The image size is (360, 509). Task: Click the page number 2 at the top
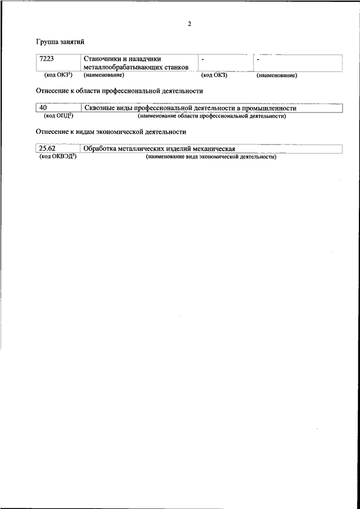pyautogui.click(x=190, y=24)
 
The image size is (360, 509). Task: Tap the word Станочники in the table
pyautogui.click(x=102, y=58)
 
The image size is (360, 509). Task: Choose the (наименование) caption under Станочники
pyautogui.click(x=103, y=75)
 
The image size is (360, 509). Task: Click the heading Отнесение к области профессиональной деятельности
pyautogui.click(x=119, y=91)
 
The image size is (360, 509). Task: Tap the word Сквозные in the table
pyautogui.click(x=100, y=108)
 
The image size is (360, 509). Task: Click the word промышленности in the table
pyautogui.click(x=269, y=108)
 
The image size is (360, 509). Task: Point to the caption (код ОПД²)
pyautogui.click(x=58, y=116)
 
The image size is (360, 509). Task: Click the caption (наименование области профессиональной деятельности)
pyautogui.click(x=212, y=116)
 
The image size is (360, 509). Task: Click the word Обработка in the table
pyautogui.click(x=100, y=149)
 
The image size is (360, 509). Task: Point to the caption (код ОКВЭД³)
pyautogui.click(x=58, y=157)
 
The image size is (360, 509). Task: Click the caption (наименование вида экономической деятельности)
pyautogui.click(x=211, y=157)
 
